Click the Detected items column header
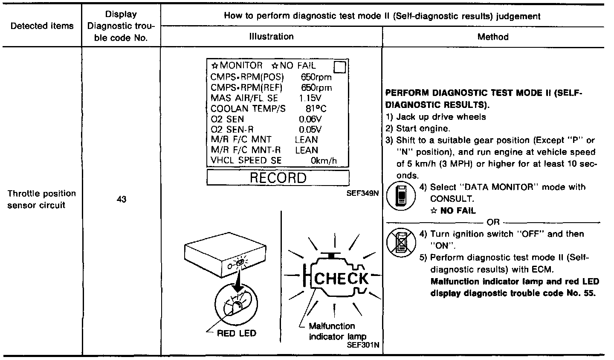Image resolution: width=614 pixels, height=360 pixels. tap(42, 26)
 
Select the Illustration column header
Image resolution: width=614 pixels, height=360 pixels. tap(272, 37)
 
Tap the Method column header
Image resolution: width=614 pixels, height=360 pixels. tap(493, 37)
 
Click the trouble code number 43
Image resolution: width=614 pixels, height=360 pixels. tap(121, 199)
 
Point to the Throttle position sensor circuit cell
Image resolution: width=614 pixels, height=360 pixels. tap(41, 199)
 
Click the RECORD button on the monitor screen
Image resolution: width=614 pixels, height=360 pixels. tap(278, 178)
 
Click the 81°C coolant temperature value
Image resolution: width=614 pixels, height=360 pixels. tap(316, 109)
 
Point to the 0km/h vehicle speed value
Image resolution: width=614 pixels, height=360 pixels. tap(324, 161)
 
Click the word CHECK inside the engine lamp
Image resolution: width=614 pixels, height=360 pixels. tap(341, 279)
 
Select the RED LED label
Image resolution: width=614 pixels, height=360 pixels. tap(237, 334)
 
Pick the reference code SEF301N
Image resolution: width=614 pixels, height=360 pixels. tap(364, 345)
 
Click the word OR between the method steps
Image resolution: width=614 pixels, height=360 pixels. tap(493, 222)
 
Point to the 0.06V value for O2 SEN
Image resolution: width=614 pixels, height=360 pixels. tap(310, 119)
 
